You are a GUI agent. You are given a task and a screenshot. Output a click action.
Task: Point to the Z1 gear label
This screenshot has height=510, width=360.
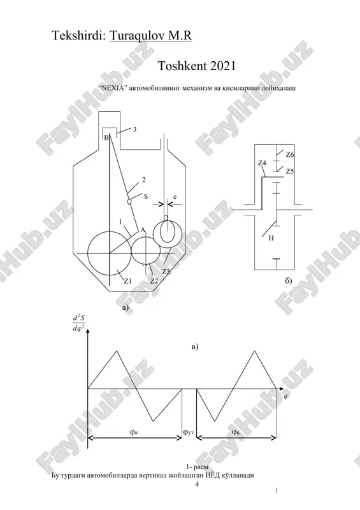pos(127,281)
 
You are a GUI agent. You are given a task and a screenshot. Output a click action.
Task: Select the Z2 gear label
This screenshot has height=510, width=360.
pos(154,281)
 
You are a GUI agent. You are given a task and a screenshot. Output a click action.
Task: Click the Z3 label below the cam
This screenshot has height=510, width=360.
pos(166,272)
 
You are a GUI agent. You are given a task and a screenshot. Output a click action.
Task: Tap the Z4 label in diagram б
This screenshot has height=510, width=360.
pos(262,163)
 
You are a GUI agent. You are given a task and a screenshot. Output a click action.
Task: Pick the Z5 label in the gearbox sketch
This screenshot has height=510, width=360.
pos(289,171)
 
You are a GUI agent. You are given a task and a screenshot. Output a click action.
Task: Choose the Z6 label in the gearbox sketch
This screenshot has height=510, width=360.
pos(289,154)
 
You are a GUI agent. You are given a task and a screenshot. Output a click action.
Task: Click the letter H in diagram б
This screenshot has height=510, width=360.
pos(271,238)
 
